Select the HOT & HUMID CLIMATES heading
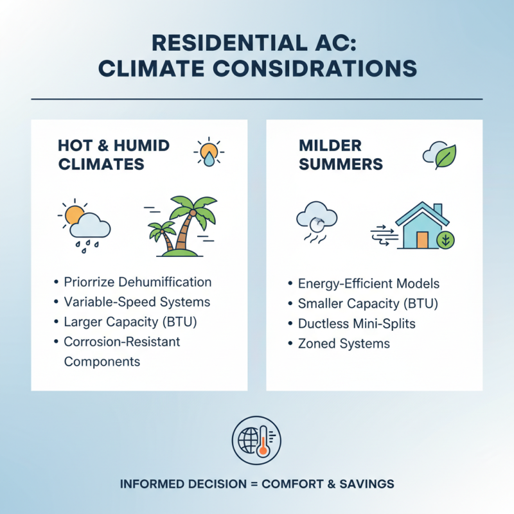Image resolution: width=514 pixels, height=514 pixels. [113, 155]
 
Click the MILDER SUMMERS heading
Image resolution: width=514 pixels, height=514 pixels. [341, 155]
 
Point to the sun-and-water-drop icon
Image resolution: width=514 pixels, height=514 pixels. [208, 153]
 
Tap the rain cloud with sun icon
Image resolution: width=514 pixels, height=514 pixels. [85, 223]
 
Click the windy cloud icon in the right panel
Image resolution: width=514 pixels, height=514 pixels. [317, 222]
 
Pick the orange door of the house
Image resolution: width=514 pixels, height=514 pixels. [422, 240]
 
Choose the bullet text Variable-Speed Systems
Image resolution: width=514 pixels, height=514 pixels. [137, 301]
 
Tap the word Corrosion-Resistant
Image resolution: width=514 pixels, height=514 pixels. [122, 341]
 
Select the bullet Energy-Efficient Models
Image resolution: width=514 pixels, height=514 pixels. [369, 283]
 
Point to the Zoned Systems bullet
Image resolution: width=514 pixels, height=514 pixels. [344, 343]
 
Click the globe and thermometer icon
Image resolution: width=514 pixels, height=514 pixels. [256, 440]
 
